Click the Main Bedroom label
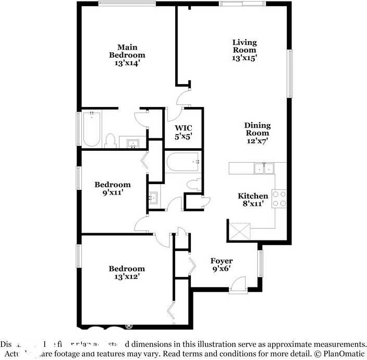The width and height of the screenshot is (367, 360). pos(127,51)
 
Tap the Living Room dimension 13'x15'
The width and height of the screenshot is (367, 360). pos(244,59)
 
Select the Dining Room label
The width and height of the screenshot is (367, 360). pos(258,129)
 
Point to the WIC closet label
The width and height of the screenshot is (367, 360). pos(184,128)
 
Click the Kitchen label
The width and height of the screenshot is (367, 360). pos(253,196)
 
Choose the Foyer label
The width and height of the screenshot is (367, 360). pos(222,261)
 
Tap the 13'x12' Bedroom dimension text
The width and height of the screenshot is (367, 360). pos(127,277)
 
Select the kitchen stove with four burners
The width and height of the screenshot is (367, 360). pos(279,198)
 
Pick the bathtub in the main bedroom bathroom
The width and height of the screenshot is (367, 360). pos(91,129)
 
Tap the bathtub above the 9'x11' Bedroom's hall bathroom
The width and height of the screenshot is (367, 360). pos(183,162)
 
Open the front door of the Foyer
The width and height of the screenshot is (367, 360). pos(238,284)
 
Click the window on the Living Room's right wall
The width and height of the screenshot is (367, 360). pos(290,73)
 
